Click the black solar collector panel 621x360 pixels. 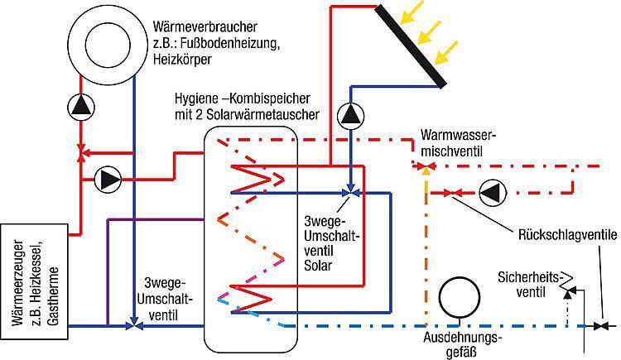411,46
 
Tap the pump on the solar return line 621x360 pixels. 350,116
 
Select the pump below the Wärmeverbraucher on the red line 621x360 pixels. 81,107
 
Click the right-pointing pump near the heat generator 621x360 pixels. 108,180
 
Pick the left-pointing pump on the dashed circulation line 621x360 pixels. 493,193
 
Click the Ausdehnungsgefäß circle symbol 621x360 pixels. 460,297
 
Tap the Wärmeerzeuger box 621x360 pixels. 35,281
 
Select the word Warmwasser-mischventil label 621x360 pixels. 458,142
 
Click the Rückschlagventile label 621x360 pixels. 567,235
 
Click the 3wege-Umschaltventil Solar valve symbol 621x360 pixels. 350,193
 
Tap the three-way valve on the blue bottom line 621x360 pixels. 134,325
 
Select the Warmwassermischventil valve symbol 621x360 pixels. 426,166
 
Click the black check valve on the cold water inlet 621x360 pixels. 603,326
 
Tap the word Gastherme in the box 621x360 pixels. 53,296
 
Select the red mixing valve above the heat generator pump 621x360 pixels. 81,153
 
